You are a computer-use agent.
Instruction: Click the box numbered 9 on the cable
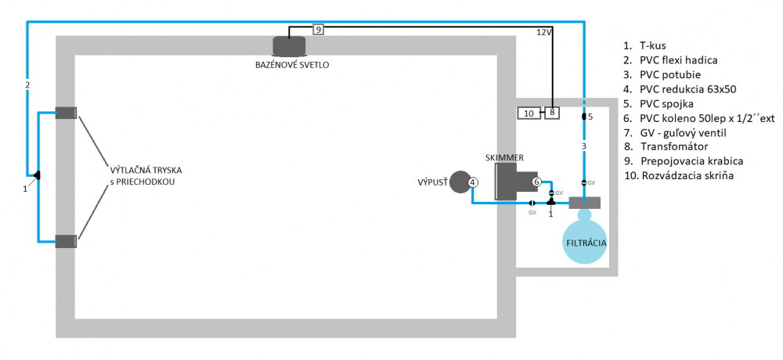click(318, 30)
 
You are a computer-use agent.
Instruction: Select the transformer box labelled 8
click(551, 113)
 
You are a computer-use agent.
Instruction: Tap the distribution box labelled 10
click(529, 113)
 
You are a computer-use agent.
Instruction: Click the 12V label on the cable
click(544, 33)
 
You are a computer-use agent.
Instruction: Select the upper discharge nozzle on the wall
click(65, 113)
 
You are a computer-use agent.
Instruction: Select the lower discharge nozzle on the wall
click(65, 242)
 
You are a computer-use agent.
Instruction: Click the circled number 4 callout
click(473, 182)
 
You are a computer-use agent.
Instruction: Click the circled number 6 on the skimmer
click(537, 182)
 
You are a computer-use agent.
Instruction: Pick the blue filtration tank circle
click(586, 237)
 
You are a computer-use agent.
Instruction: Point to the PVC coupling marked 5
click(584, 117)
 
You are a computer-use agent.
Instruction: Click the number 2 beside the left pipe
click(27, 85)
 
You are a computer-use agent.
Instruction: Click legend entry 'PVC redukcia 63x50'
click(688, 88)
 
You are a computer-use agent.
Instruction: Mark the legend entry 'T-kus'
click(651, 45)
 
